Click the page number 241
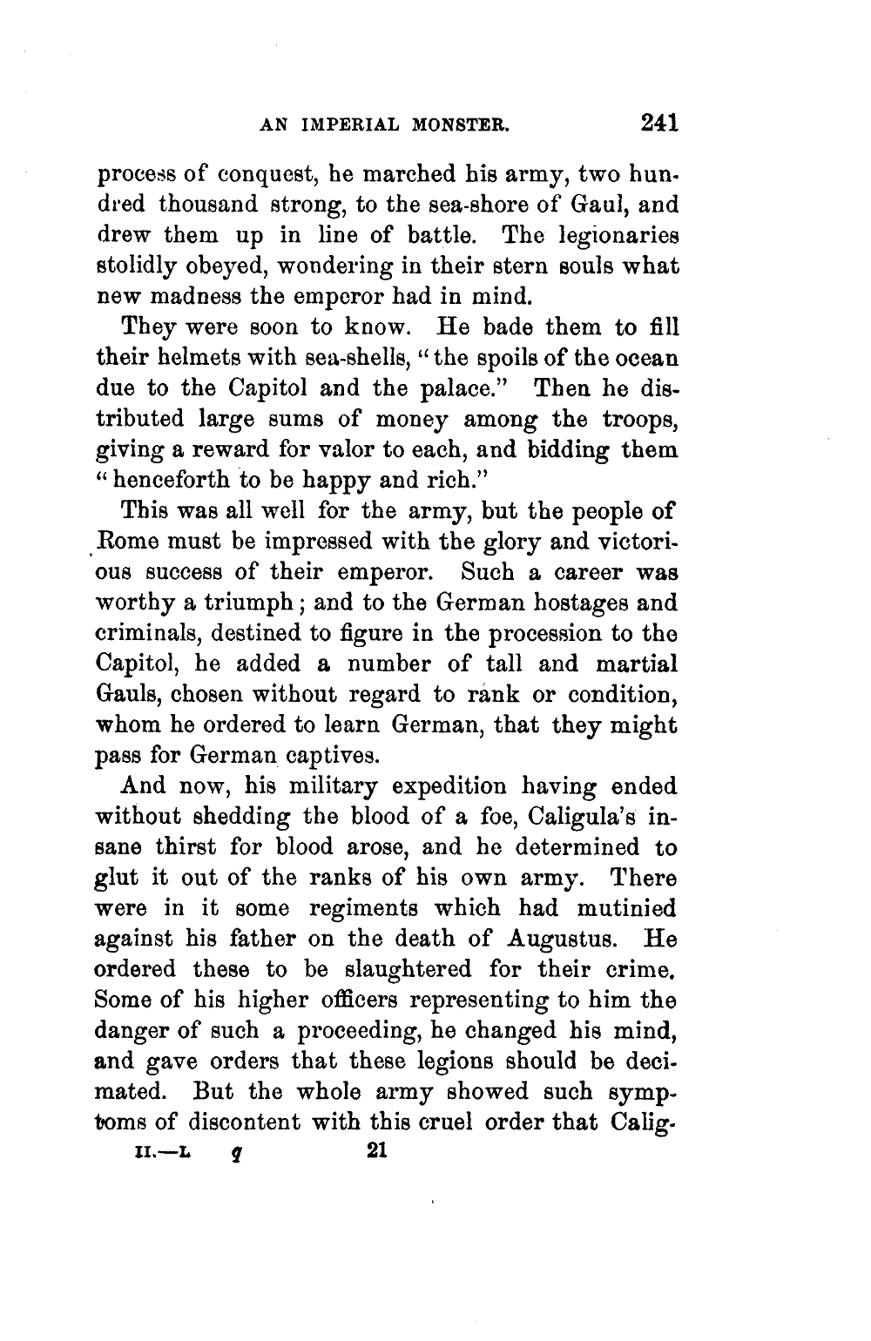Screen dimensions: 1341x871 point(653,124)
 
